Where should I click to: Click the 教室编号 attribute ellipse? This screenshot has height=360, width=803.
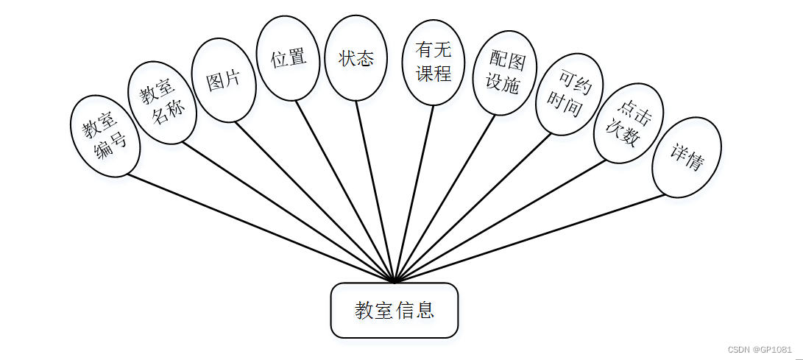[x=104, y=137]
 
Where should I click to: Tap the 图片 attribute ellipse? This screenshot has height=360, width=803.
[x=223, y=80]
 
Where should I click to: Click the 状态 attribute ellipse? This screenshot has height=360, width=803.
[x=356, y=58]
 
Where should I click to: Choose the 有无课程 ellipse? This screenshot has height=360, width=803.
[x=434, y=63]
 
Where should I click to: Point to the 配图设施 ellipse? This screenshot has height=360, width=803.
[x=504, y=72]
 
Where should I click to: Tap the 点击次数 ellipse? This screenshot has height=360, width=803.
[x=629, y=127]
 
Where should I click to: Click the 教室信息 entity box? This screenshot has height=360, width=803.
[x=395, y=310]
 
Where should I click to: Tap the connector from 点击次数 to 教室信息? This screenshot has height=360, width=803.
[x=500, y=221]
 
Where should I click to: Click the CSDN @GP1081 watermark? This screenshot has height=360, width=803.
[x=760, y=349]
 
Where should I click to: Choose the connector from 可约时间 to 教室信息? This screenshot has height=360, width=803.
[x=471, y=208]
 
